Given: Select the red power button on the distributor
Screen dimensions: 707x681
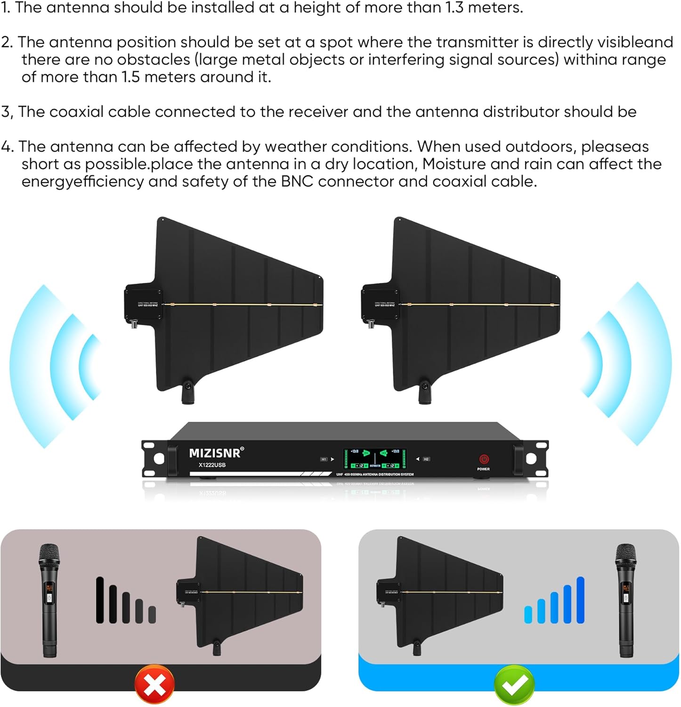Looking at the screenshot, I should (484, 459).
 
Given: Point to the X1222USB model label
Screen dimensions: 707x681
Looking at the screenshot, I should (212, 465).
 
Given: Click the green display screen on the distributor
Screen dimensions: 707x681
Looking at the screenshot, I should (375, 458).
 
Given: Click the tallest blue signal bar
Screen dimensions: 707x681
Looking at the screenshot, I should (580, 600).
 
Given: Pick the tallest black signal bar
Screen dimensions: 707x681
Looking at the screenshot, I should (100, 600).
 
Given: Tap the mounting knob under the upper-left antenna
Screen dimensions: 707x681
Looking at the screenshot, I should (188, 393).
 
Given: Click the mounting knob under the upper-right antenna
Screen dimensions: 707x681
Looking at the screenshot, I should (425, 393).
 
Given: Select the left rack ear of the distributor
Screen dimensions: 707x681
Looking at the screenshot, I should (155, 459).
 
